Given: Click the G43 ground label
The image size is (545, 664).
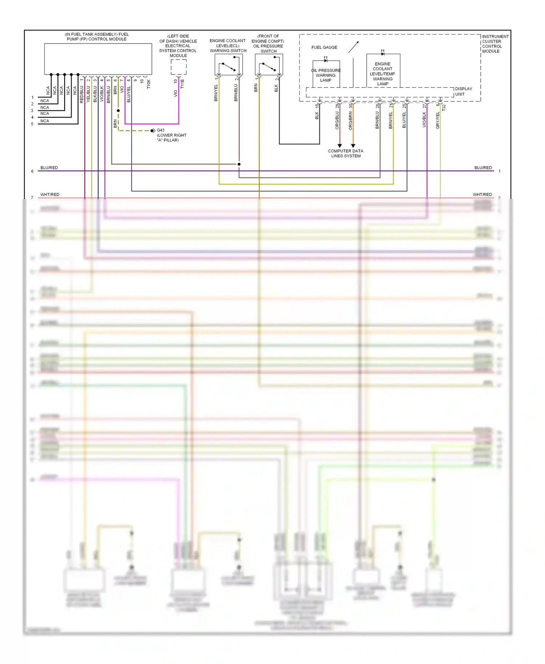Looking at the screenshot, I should [160, 130].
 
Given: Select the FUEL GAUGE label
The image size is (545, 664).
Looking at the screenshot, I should [324, 47].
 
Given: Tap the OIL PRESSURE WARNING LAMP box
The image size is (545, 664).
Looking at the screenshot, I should [326, 74].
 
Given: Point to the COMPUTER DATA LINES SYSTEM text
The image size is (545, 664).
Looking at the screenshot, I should [346, 153].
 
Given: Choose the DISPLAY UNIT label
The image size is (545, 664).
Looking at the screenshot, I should [463, 92].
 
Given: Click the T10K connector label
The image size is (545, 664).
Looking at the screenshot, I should [149, 84].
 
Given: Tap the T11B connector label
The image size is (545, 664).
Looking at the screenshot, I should [182, 84].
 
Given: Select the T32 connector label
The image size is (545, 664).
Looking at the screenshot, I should [444, 108].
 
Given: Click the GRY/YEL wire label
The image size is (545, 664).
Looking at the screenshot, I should [437, 120].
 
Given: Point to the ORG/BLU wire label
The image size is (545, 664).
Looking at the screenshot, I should [337, 120].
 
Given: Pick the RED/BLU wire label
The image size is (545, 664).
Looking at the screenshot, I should [81, 94].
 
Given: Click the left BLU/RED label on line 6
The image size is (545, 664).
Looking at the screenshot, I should [49, 168].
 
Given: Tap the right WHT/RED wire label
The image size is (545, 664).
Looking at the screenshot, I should [482, 195].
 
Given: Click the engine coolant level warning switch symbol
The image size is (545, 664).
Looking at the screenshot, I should [229, 65].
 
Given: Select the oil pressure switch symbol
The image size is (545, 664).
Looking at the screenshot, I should [269, 65].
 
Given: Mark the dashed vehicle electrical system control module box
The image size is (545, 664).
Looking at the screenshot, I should [178, 67].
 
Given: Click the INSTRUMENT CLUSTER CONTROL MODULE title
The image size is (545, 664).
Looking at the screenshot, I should [495, 44].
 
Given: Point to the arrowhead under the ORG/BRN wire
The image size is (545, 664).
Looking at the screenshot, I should [353, 146].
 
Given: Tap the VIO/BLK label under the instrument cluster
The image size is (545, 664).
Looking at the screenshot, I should [424, 120].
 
